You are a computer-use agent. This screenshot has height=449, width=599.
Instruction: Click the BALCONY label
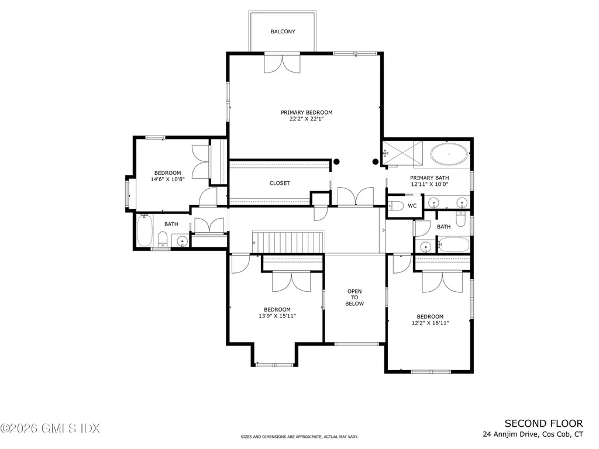pos(283,32)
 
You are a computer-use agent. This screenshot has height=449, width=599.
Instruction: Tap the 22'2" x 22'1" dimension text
pos(306,119)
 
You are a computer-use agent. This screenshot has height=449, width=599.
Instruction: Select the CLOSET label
pos(280,183)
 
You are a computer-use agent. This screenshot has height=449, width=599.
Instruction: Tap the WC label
pos(412,206)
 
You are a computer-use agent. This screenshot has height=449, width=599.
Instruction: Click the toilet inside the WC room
pos(396,206)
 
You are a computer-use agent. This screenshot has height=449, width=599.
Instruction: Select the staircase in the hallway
pos(288,240)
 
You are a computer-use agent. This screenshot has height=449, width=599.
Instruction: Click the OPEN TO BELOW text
pos(354,298)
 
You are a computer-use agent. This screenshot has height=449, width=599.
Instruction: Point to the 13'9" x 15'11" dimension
pos(277,316)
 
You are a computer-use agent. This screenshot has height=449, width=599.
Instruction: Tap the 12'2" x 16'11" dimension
pos(429,323)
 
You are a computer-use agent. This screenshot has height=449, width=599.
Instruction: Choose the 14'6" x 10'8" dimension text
pos(167,179)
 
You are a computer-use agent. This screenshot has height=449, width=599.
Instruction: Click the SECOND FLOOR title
pos(543,423)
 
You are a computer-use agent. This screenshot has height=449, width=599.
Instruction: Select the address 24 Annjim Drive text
pos(532,434)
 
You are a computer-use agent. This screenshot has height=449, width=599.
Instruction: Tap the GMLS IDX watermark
pos(50,429)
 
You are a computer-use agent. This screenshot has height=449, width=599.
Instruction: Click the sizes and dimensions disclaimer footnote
pos(299,437)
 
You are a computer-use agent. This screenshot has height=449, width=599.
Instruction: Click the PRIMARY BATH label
pos(429,178)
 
